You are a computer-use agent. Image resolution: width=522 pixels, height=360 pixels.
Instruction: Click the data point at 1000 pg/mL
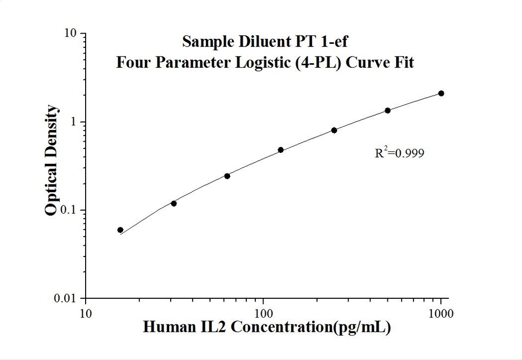click(x=441, y=93)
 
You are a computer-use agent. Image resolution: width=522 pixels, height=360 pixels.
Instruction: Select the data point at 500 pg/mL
click(x=387, y=110)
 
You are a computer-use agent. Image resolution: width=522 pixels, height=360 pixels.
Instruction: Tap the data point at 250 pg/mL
click(x=334, y=130)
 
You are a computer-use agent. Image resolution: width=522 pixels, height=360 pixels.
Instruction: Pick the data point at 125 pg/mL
click(x=280, y=150)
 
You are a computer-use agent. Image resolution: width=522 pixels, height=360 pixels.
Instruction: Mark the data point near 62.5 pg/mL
click(x=227, y=176)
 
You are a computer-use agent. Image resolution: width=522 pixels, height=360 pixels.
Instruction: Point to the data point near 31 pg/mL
click(x=173, y=203)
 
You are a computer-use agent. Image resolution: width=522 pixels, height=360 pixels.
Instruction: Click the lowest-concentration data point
click(x=120, y=230)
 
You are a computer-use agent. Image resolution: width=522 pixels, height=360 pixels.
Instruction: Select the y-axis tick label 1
click(x=74, y=122)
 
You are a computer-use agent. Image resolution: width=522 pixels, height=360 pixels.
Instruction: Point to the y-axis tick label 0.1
click(x=70, y=210)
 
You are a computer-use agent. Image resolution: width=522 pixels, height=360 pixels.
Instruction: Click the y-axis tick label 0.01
click(x=67, y=298)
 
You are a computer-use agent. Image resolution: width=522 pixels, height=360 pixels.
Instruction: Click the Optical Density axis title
click(x=51, y=161)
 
